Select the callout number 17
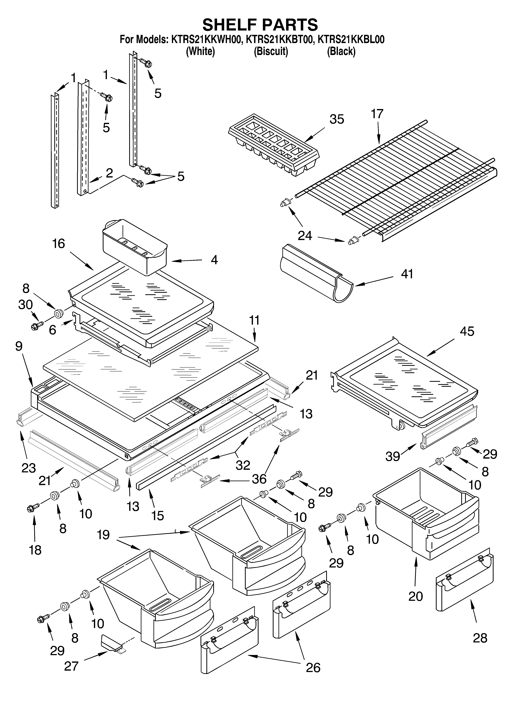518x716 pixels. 377,114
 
